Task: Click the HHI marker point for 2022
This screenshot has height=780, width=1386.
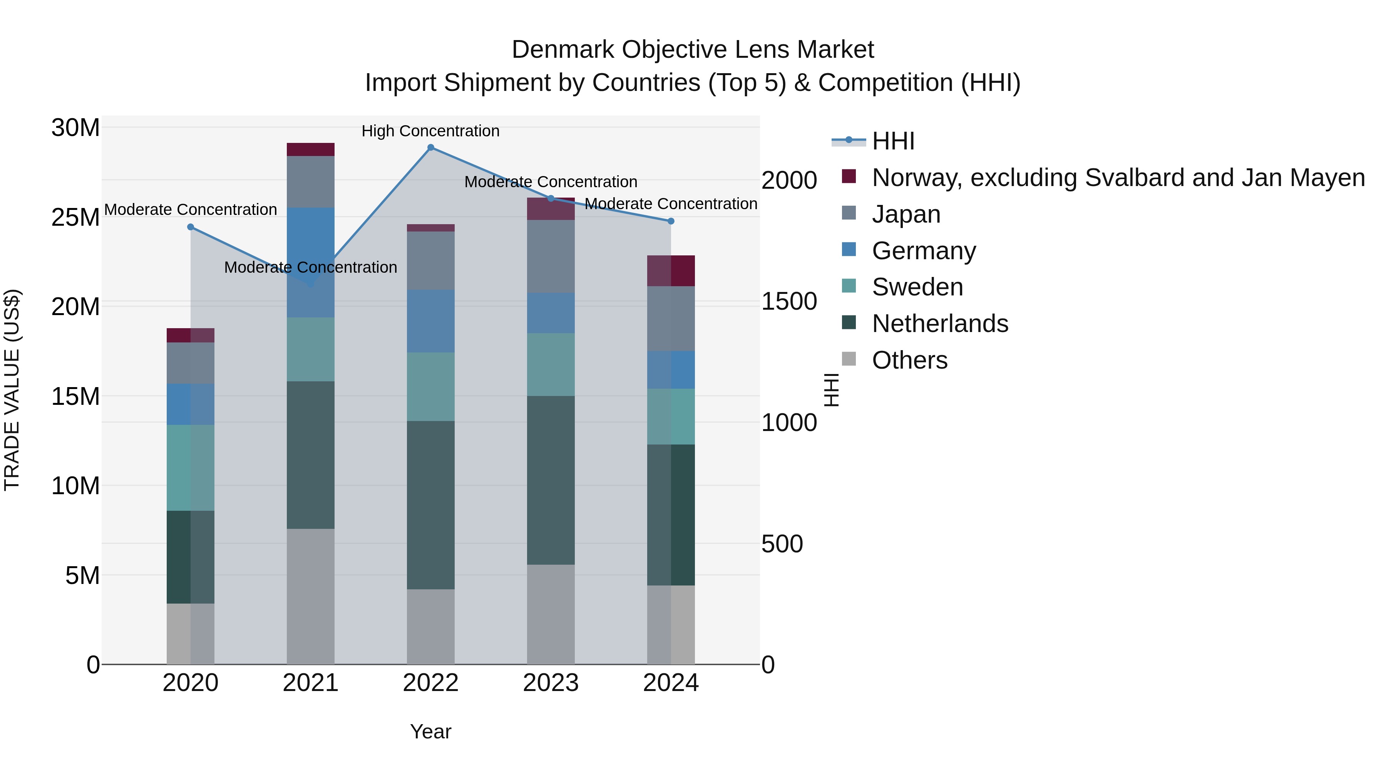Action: (x=430, y=148)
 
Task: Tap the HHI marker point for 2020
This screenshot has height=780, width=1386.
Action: (x=191, y=227)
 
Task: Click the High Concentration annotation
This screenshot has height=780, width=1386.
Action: (x=430, y=131)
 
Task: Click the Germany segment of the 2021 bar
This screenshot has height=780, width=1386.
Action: (x=310, y=262)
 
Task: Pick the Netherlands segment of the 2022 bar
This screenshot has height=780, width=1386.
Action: (x=430, y=505)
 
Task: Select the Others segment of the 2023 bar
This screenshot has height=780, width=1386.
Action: (x=551, y=614)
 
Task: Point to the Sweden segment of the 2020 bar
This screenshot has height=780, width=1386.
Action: (x=191, y=468)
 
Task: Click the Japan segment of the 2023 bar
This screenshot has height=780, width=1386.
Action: (x=551, y=256)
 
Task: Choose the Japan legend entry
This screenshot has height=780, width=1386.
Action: (x=906, y=214)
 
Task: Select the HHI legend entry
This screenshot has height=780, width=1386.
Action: (x=893, y=141)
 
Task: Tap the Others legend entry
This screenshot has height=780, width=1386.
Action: (x=909, y=360)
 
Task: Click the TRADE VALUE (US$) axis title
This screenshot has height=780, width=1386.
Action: (x=12, y=390)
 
